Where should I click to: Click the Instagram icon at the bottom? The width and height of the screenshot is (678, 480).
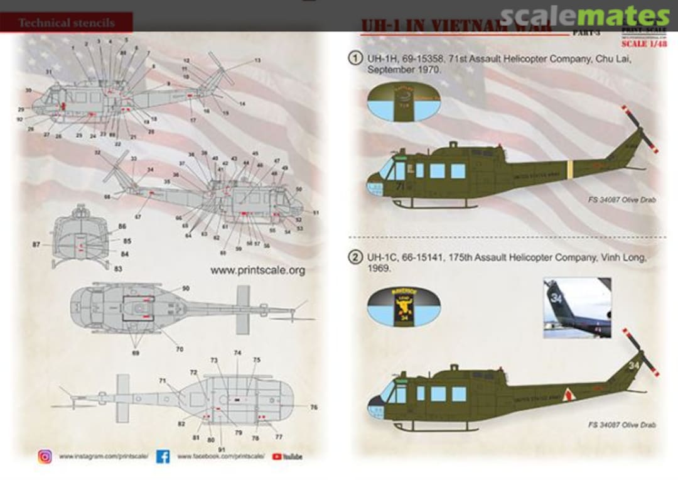click(x=45, y=457)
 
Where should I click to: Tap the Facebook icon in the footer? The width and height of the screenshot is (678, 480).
click(x=163, y=457)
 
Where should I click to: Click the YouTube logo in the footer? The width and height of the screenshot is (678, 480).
click(x=287, y=457)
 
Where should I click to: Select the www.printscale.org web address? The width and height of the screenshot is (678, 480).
click(x=257, y=271)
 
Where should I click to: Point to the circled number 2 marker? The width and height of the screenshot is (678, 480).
click(x=355, y=258)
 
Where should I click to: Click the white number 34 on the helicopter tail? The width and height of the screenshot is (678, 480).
click(x=633, y=365)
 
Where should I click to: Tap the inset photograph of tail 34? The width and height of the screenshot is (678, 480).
click(x=577, y=308)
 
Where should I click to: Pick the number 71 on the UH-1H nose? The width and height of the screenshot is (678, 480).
click(x=399, y=185)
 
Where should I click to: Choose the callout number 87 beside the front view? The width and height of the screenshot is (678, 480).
click(x=36, y=243)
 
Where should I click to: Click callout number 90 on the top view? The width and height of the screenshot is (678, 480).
click(x=186, y=288)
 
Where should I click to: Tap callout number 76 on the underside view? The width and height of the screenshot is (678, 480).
click(x=313, y=407)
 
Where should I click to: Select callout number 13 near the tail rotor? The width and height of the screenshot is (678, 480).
click(x=257, y=60)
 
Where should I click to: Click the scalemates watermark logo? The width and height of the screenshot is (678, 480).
click(x=586, y=17)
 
